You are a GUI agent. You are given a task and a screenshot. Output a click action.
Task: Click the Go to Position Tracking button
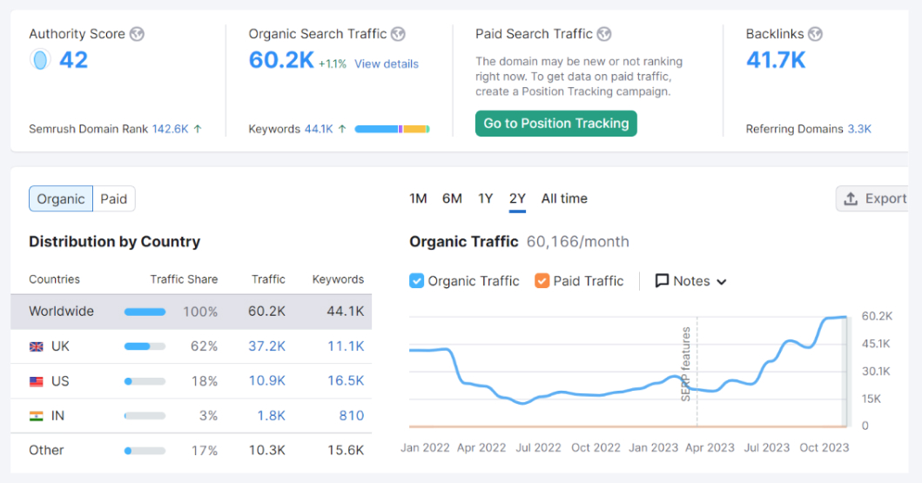click(555, 124)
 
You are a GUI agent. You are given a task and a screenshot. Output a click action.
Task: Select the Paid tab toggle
click(114, 198)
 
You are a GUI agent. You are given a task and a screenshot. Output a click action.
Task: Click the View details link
click(386, 64)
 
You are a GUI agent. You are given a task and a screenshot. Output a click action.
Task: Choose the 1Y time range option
click(485, 198)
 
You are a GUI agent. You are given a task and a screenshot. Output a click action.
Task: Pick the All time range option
click(564, 198)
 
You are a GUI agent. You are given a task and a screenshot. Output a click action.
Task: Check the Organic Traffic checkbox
click(417, 280)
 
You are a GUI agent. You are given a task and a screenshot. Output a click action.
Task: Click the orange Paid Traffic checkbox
click(542, 280)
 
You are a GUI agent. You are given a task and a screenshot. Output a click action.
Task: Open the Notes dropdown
click(690, 280)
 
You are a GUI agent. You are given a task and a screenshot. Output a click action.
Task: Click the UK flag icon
click(37, 346)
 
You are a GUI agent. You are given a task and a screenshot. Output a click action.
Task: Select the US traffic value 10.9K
click(267, 381)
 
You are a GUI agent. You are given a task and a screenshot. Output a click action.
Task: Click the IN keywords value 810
click(351, 416)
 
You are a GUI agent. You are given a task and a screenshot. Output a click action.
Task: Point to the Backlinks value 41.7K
click(776, 60)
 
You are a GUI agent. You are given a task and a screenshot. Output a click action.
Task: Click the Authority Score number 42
click(73, 60)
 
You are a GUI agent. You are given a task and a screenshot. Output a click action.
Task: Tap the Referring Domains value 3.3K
click(859, 129)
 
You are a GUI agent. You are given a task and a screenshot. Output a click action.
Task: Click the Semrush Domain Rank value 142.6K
click(170, 129)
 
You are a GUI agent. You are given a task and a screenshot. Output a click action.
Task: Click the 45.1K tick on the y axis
click(876, 344)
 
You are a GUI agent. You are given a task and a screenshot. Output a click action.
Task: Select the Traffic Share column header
click(184, 279)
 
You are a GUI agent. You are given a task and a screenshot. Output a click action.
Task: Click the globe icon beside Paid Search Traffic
click(604, 34)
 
